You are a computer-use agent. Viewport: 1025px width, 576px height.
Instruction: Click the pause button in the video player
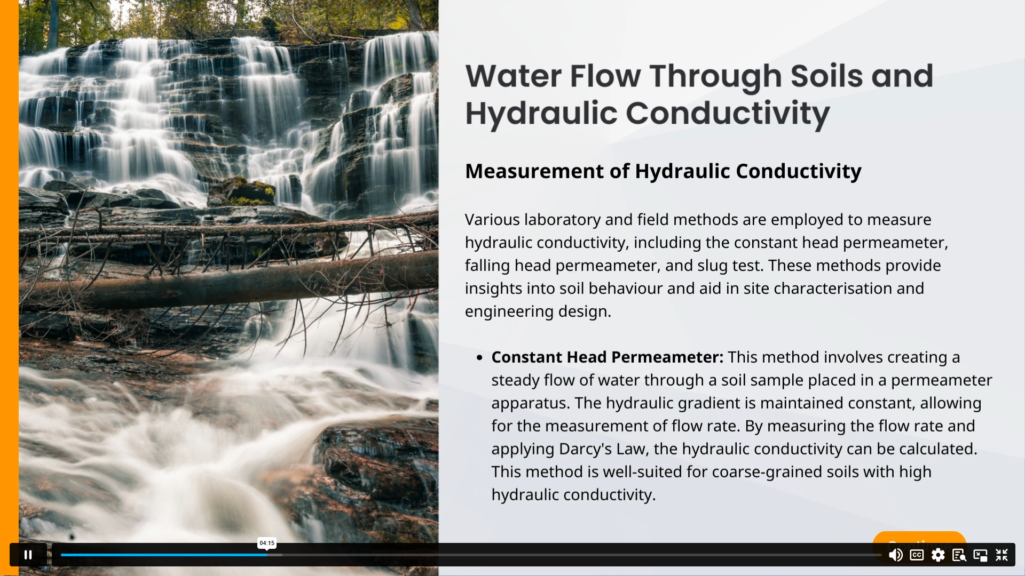pyautogui.click(x=28, y=555)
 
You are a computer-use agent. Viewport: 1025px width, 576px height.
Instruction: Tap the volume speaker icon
pyautogui.click(x=895, y=555)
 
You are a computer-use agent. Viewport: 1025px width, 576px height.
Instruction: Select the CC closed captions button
pyautogui.click(x=917, y=555)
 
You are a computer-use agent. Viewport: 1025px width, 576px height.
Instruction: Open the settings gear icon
pyautogui.click(x=938, y=555)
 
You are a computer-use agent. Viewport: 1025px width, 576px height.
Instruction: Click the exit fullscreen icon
pyautogui.click(x=1002, y=555)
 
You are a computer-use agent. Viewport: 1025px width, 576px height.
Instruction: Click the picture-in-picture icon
pyautogui.click(x=980, y=555)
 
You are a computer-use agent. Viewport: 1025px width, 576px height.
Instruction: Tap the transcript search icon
pyautogui.click(x=959, y=555)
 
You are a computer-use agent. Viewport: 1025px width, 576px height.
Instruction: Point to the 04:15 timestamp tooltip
pyautogui.click(x=267, y=543)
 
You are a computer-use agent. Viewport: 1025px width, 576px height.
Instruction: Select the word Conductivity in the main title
pyautogui.click(x=728, y=114)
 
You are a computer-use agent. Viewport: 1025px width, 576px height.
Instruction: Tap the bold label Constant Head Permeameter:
pyautogui.click(x=608, y=357)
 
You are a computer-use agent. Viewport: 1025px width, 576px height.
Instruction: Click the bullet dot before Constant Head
pyautogui.click(x=479, y=358)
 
